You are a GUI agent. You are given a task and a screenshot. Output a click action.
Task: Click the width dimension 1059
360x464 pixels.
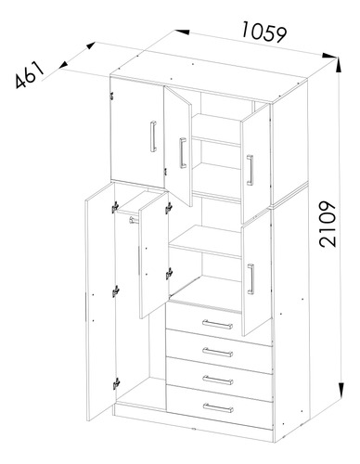click(264, 32)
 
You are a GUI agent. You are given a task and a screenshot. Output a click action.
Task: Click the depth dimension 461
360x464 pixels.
click(30, 74)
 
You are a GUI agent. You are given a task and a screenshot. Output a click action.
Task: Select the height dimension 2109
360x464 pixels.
click(328, 225)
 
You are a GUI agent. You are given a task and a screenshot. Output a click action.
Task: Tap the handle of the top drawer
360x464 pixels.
click(217, 324)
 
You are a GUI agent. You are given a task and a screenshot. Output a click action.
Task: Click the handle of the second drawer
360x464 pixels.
click(218, 352)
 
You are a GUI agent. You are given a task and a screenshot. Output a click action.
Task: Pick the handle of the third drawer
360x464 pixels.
click(218, 380)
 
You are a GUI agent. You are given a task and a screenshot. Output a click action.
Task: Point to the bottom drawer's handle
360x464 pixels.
click(218, 407)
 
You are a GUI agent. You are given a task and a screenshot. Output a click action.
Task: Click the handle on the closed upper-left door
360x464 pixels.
click(153, 136)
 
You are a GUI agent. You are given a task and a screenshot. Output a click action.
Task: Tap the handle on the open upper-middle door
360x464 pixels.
click(183, 153)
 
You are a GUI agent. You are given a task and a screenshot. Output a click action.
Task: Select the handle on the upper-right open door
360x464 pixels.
click(250, 170)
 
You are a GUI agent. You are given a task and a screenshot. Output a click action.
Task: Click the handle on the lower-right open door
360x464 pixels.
click(251, 278)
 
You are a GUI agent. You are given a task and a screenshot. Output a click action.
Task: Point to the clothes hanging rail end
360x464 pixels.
click(133, 220)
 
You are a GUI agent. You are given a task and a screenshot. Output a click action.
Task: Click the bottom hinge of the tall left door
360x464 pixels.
click(116, 383)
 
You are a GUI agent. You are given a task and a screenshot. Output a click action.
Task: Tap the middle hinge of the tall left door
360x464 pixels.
click(116, 291)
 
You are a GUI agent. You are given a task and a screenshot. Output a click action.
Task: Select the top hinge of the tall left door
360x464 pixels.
click(115, 207)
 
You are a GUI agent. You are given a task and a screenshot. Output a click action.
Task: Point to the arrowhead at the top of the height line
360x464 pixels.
click(338, 66)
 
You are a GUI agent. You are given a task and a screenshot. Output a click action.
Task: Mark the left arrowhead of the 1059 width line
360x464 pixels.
click(182, 32)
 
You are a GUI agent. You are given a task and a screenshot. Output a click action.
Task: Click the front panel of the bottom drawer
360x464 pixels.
click(219, 406)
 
